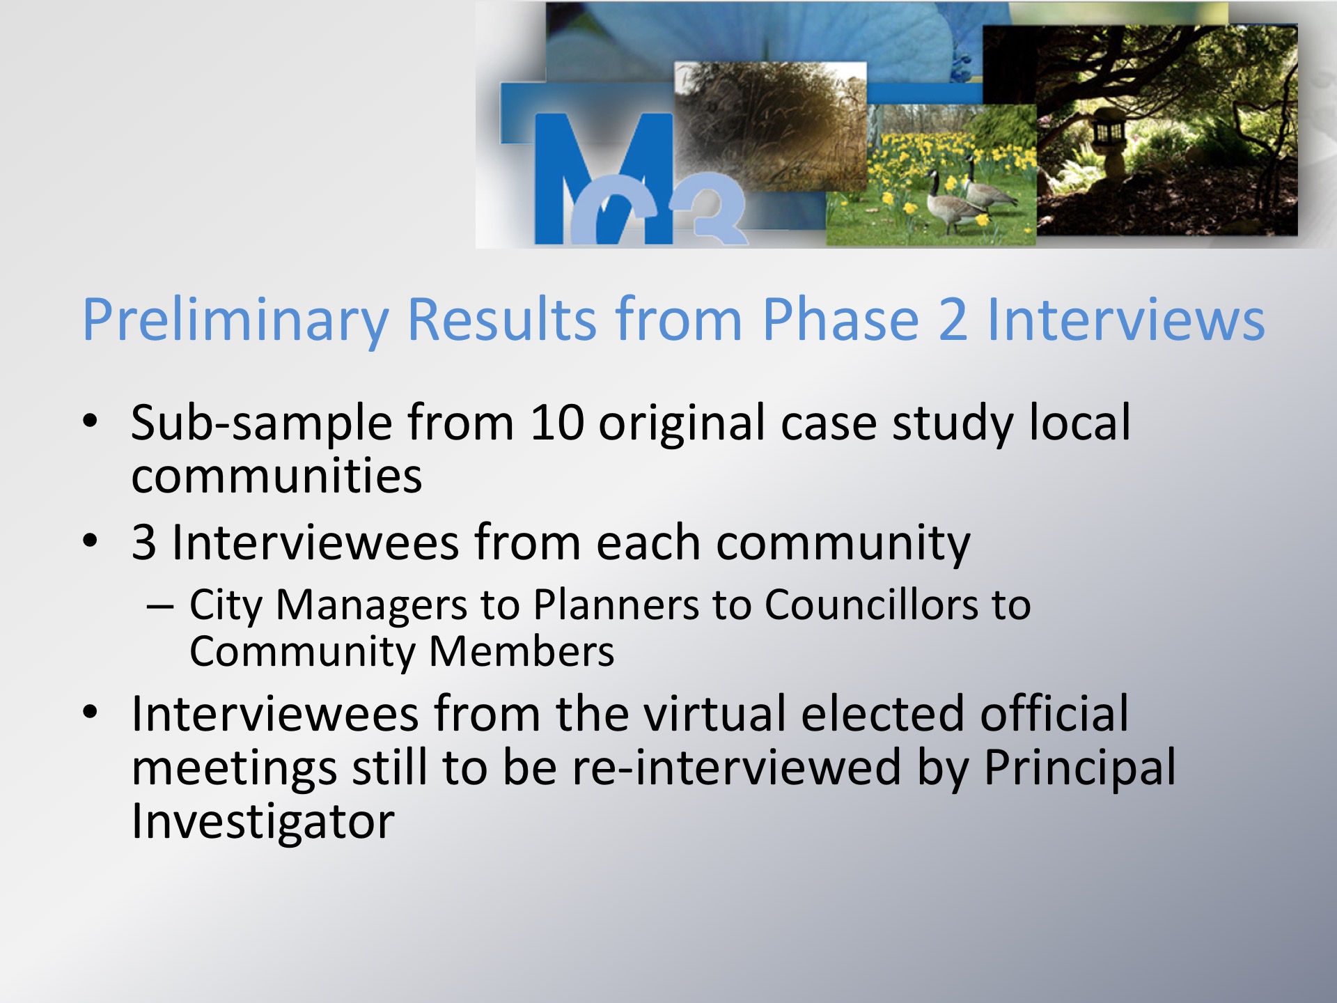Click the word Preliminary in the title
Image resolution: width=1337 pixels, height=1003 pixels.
point(235,320)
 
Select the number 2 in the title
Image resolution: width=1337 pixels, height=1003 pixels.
point(953,319)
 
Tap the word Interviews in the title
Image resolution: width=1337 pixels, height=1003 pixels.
point(1126,319)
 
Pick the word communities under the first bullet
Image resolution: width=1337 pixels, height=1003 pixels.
point(276,476)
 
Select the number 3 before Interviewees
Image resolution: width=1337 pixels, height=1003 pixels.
point(143,543)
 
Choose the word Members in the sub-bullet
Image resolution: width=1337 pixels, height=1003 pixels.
point(522,651)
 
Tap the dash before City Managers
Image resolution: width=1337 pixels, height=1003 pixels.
point(159,607)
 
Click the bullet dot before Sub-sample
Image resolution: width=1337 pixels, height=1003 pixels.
point(90,421)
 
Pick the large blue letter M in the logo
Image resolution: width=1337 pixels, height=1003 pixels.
point(602,178)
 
